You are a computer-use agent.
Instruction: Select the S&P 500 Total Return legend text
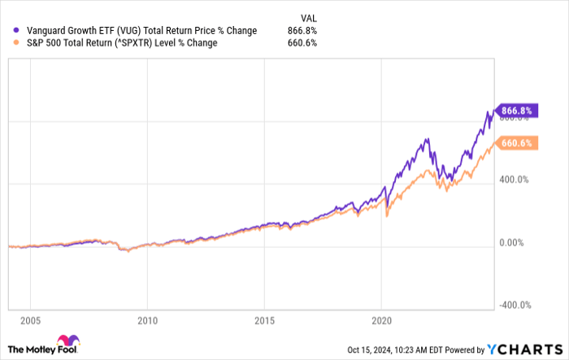(x=73, y=43)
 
